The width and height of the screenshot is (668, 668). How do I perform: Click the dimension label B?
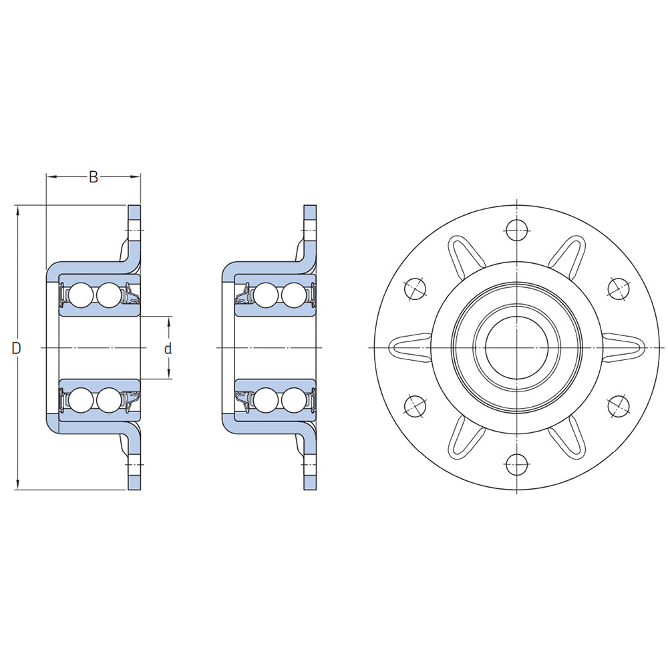pyautogui.click(x=94, y=177)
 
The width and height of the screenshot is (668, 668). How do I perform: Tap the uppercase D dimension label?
pyautogui.click(x=17, y=348)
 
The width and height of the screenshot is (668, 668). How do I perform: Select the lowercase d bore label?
pyautogui.click(x=168, y=348)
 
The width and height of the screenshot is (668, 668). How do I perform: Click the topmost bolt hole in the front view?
pyautogui.click(x=517, y=231)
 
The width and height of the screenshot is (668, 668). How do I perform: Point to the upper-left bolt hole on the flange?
pyautogui.click(x=415, y=288)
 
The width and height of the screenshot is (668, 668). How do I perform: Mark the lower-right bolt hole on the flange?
pyautogui.click(x=619, y=405)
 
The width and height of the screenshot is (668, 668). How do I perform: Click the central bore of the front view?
pyautogui.click(x=517, y=347)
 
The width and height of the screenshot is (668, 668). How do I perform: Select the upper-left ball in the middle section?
pyautogui.click(x=266, y=295)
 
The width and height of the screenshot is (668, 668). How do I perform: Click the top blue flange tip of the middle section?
pyautogui.click(x=309, y=212)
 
